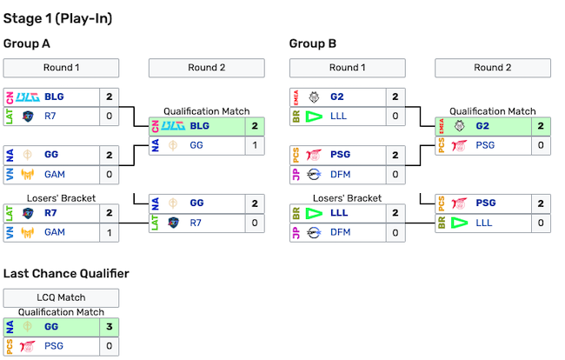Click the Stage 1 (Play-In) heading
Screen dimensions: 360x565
(x=57, y=18)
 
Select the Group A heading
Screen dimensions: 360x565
(x=27, y=43)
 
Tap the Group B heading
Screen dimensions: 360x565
(x=312, y=43)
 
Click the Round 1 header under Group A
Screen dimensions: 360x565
(x=61, y=68)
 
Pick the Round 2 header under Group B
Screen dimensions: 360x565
(x=492, y=68)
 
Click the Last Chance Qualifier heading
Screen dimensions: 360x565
(x=66, y=273)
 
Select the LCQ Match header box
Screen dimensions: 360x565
(x=61, y=297)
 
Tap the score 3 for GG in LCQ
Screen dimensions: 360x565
(x=110, y=327)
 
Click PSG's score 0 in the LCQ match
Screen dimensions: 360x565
(x=110, y=346)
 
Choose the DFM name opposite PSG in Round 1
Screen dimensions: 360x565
(x=342, y=174)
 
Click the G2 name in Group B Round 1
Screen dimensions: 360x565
(x=338, y=97)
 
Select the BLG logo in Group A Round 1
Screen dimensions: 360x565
(x=28, y=97)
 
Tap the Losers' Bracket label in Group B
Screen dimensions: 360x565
(x=347, y=198)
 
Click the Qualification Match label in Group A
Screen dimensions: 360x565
(x=207, y=111)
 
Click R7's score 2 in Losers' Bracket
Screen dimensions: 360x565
(x=110, y=212)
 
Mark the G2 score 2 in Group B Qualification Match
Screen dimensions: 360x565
(x=541, y=126)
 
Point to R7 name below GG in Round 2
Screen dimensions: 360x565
(x=197, y=223)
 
